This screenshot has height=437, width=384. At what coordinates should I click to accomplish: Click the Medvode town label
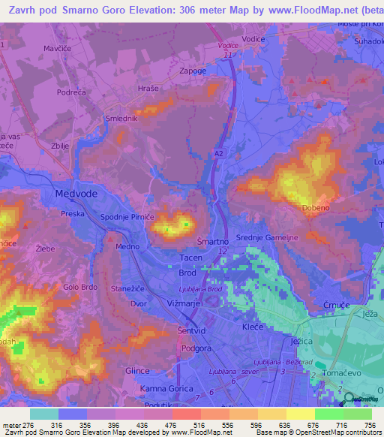75,194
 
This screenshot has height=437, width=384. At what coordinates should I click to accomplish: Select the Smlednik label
121,118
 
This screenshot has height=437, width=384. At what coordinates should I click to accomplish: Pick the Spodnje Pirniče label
127,216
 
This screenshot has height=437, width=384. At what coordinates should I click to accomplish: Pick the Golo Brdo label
81,288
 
